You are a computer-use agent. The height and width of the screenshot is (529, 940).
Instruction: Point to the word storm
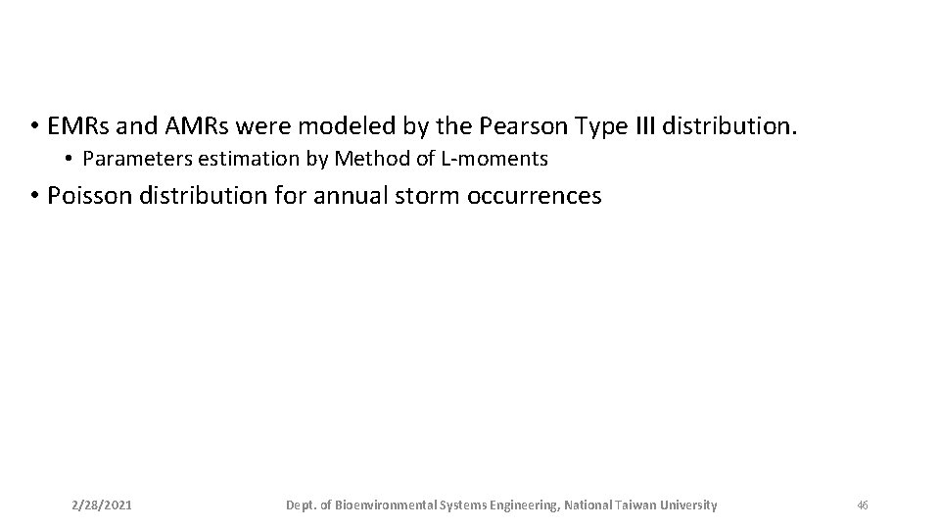click(x=430, y=196)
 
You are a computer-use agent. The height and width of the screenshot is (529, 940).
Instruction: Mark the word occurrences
click(x=536, y=196)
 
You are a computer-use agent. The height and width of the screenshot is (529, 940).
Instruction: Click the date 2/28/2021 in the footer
click(x=103, y=505)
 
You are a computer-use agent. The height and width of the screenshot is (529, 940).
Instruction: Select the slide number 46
click(x=862, y=505)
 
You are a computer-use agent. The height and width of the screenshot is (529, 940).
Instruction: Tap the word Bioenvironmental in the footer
click(x=387, y=505)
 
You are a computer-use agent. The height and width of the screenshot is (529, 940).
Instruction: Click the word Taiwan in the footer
click(x=637, y=505)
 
